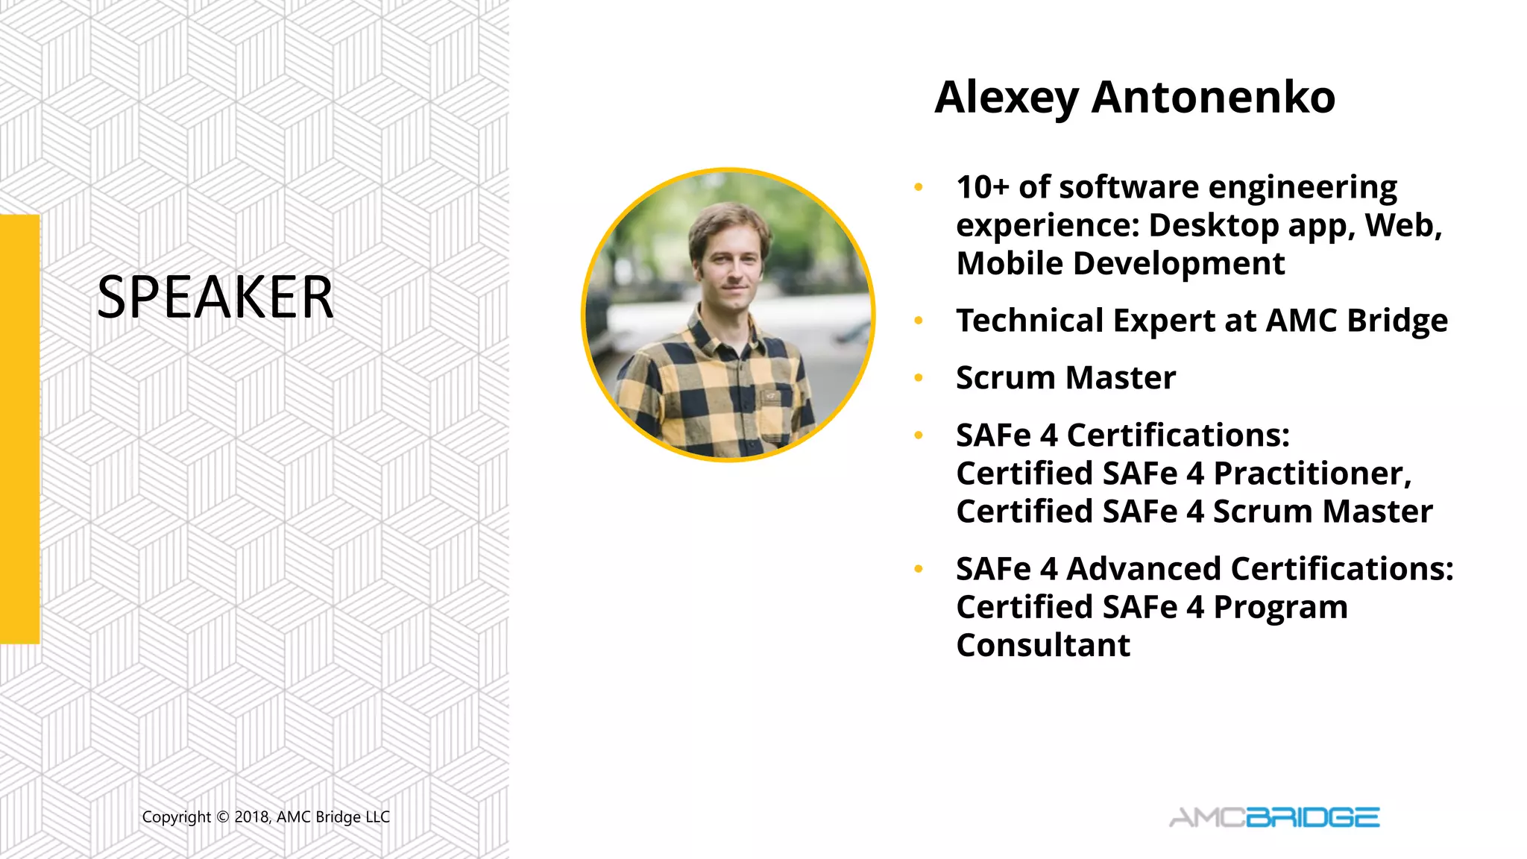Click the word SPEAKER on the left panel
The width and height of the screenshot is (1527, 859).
(215, 297)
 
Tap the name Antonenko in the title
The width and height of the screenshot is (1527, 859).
(1213, 97)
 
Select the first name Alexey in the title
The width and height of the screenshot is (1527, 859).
(1007, 98)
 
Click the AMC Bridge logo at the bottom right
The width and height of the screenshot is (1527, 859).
(1274, 817)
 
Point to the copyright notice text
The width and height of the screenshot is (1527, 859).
(265, 817)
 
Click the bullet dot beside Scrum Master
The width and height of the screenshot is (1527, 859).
(919, 378)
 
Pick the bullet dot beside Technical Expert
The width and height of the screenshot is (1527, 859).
(919, 321)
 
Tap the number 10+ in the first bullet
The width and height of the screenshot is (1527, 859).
(982, 187)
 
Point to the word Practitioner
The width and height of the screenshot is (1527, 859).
(1312, 473)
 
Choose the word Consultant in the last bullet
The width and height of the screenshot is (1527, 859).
(1043, 645)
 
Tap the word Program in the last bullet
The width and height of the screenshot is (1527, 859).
(1280, 608)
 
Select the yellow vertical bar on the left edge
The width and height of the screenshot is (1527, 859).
(19, 429)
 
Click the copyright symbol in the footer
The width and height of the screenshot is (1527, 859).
(222, 817)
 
